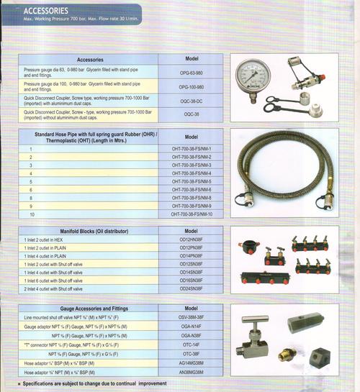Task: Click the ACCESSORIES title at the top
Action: tap(48, 11)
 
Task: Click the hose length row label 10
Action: tap(32, 214)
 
